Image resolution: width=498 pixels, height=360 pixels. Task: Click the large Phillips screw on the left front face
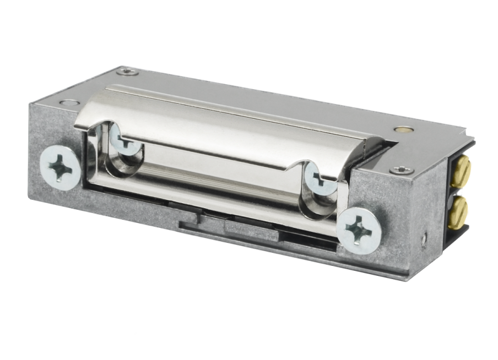pos(61,167)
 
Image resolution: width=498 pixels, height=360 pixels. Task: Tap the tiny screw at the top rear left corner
pos(127,71)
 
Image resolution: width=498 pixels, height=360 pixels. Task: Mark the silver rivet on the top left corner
pos(69,102)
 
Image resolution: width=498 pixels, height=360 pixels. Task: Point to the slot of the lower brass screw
pos(461,210)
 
